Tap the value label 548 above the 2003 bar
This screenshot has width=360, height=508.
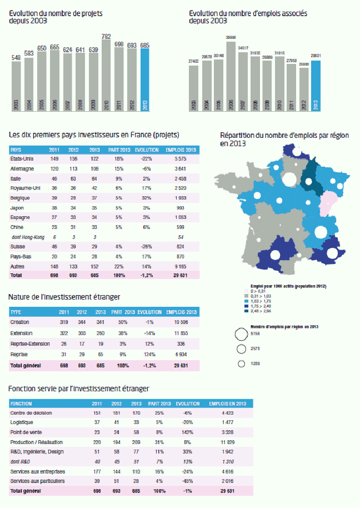coord(16,57)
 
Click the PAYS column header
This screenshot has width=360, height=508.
coord(16,150)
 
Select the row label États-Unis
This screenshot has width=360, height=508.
coord(21,159)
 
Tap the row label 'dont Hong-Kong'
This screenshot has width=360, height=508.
coord(26,237)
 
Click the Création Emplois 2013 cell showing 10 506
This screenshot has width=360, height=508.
coord(181,322)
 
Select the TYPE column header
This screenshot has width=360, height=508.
coord(16,312)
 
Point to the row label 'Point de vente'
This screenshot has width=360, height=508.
coord(25,432)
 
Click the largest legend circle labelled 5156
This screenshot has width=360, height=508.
coord(242,334)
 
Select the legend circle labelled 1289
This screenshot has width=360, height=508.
coord(242,364)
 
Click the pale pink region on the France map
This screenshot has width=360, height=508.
coord(329,203)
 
